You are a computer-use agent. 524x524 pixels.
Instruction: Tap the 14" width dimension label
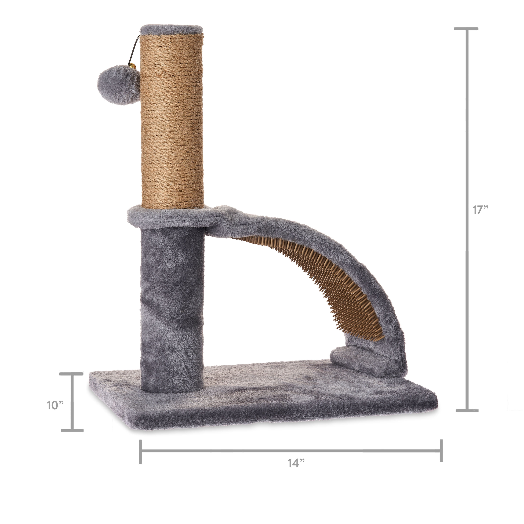click(296, 463)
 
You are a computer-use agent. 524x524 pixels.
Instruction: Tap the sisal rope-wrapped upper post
click(172, 122)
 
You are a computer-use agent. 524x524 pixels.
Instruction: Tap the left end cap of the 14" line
click(140, 452)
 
